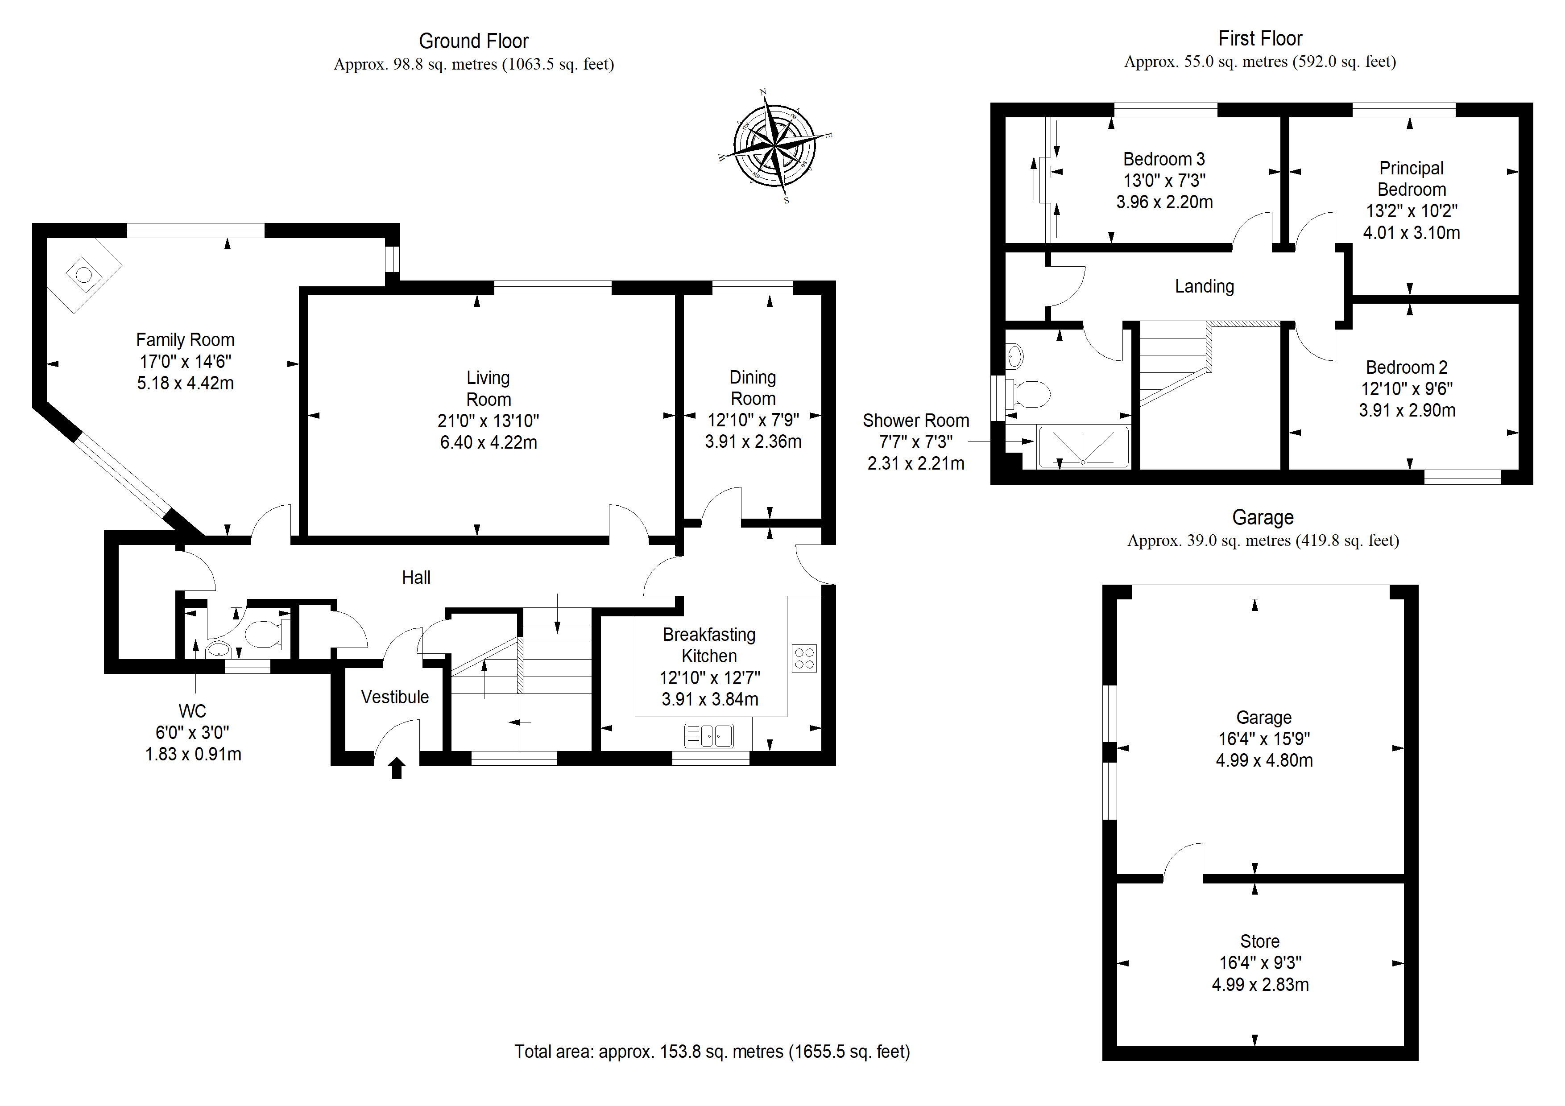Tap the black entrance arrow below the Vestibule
click(397, 768)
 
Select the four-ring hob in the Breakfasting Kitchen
click(804, 658)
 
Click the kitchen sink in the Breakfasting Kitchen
click(709, 736)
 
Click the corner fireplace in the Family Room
click(84, 275)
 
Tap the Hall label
click(416, 578)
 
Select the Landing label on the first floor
click(1205, 287)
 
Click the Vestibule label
click(395, 697)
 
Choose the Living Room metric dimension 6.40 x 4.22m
click(489, 443)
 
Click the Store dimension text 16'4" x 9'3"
click(1260, 963)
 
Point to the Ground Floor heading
click(474, 41)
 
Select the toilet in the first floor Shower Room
click(1029, 393)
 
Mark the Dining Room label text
click(753, 388)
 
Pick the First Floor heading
click(1260, 39)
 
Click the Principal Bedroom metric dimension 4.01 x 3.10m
click(1412, 233)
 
